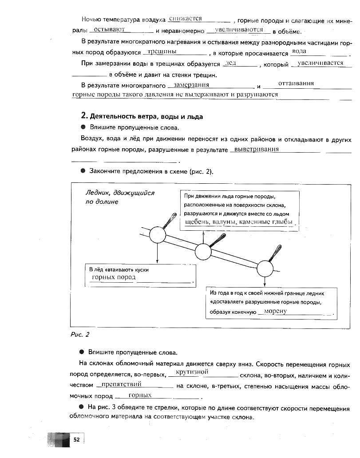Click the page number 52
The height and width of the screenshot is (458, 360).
(x=76, y=439)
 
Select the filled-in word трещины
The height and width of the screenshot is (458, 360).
(x=162, y=51)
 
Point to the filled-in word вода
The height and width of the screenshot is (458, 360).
(x=300, y=51)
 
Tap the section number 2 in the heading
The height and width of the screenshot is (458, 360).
(x=83, y=116)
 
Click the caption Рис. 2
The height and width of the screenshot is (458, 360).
(x=80, y=334)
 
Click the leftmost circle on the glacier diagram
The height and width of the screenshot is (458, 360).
(x=157, y=235)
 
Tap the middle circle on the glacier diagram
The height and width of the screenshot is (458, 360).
(x=203, y=252)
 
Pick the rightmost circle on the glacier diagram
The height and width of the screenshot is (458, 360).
(x=265, y=268)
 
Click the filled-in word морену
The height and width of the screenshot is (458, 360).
(x=275, y=311)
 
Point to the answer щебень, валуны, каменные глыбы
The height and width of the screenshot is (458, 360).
(x=238, y=221)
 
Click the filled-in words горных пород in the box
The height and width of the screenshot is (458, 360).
(x=113, y=277)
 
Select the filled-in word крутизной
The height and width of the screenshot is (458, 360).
(x=192, y=371)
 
